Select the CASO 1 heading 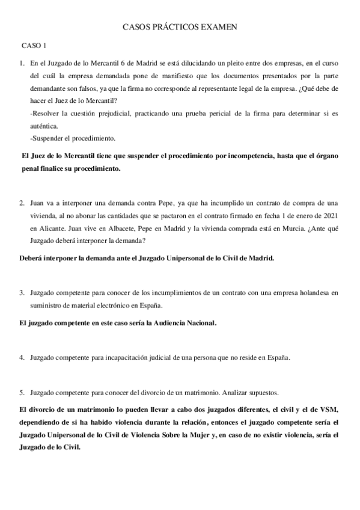34,46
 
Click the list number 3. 22,293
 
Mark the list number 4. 22,357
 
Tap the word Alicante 48,229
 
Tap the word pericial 211,113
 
